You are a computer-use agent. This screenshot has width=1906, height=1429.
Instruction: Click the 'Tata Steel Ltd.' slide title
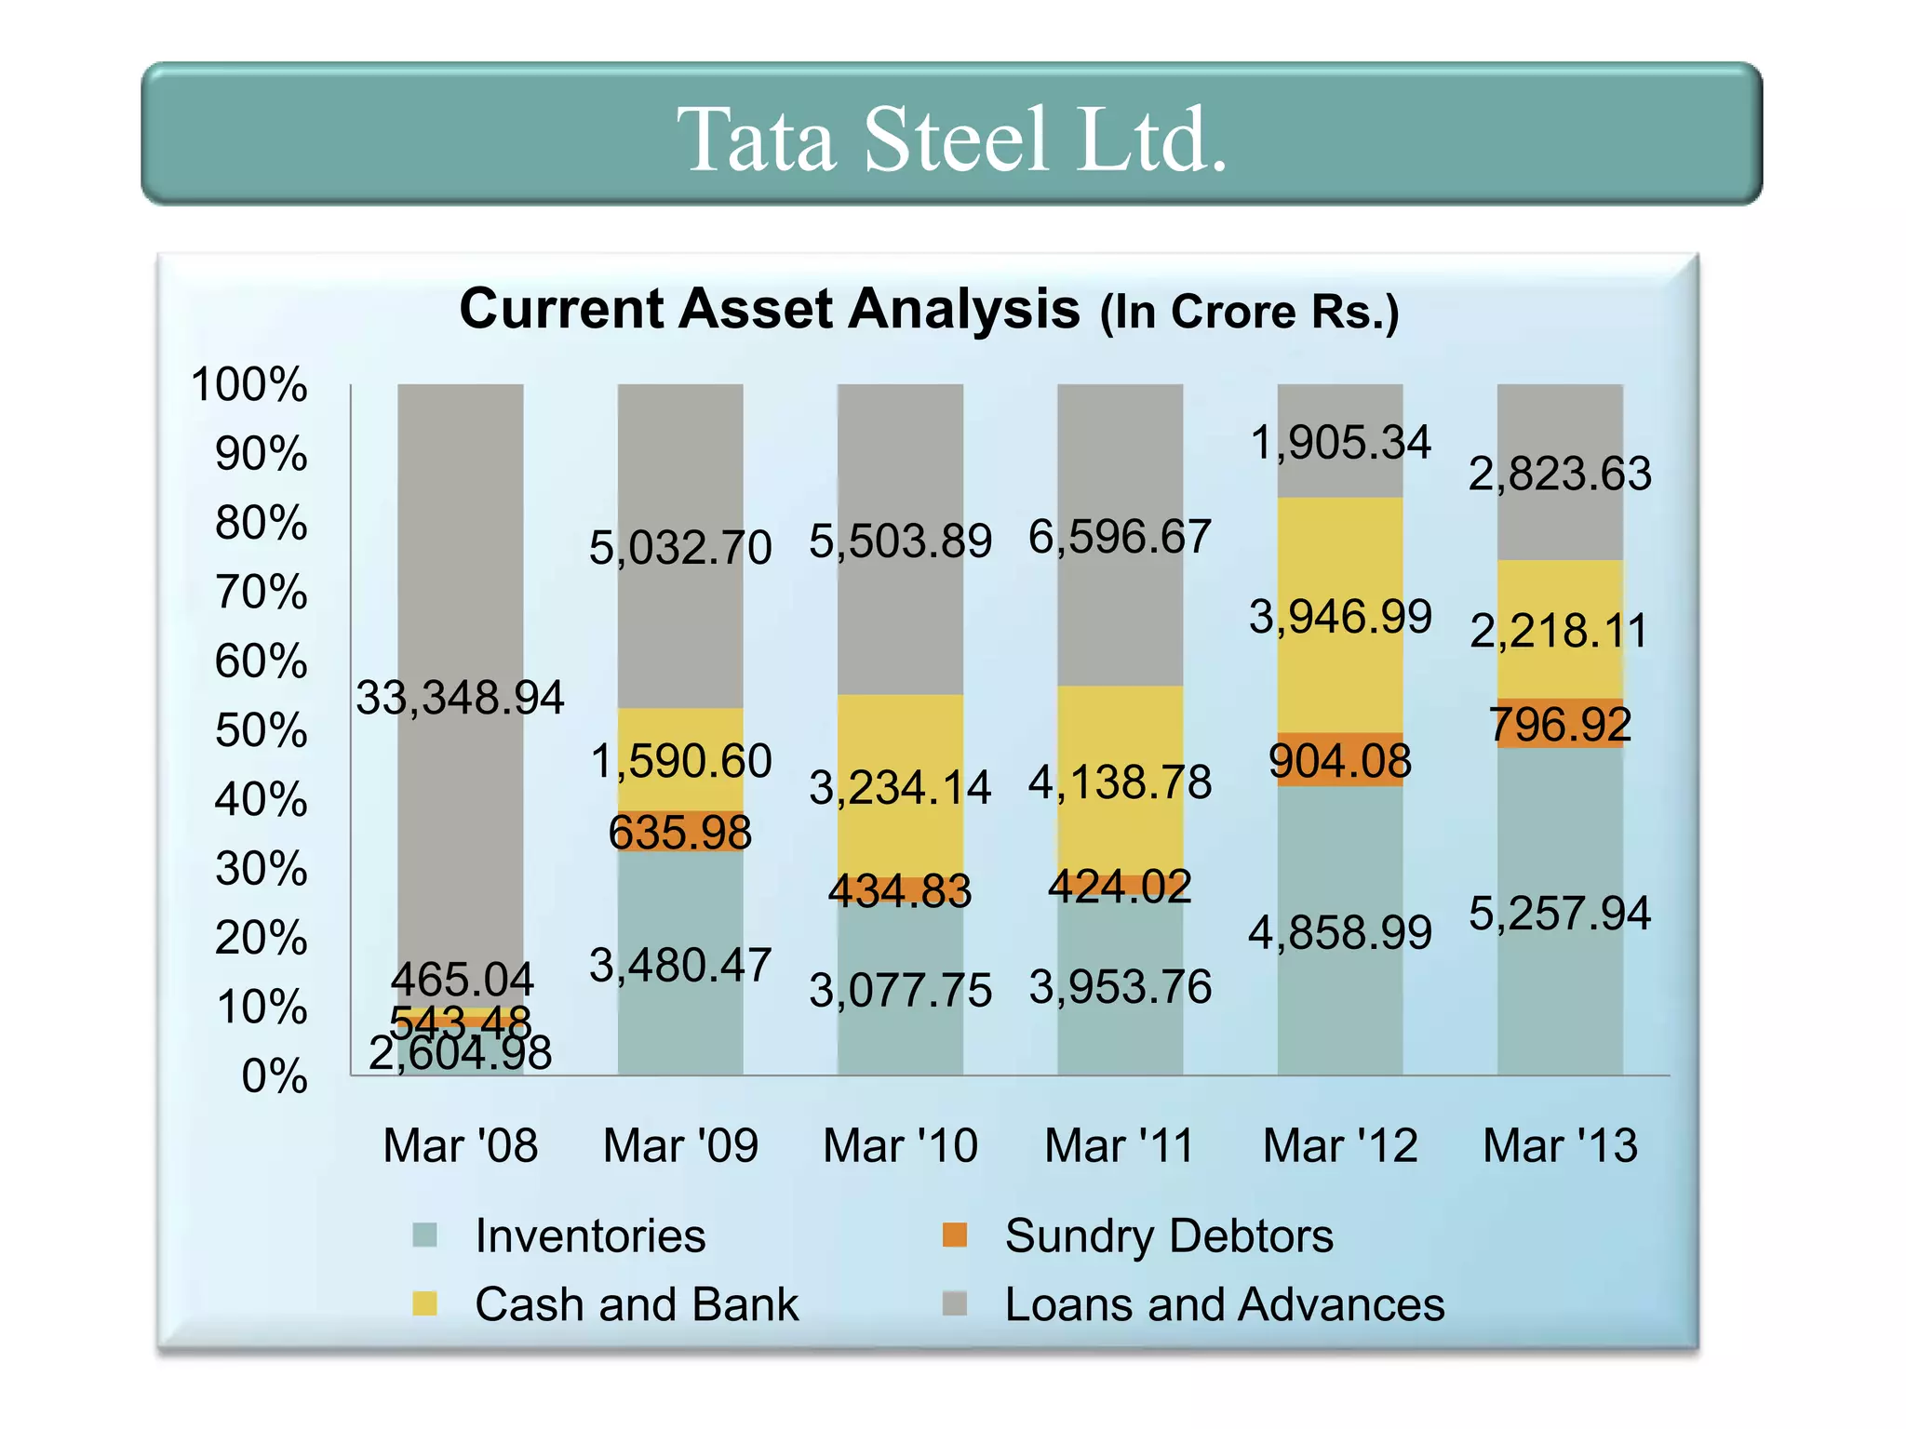951,140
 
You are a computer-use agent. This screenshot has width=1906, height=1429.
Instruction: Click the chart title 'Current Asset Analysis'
769,309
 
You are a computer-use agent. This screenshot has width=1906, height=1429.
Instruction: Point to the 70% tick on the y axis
261,593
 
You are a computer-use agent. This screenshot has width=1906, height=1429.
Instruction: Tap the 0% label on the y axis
274,1076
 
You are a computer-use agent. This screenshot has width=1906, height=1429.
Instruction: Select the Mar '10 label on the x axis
900,1145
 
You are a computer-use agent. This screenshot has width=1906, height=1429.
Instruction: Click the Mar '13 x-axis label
1560,1145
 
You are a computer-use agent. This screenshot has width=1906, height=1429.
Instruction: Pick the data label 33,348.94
460,698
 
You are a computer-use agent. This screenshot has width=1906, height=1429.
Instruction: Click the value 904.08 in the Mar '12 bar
1339,761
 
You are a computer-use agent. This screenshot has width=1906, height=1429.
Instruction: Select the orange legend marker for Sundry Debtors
955,1235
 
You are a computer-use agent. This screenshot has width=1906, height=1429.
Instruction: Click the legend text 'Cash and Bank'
637,1304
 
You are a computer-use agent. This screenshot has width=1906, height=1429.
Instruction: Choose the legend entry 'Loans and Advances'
1224,1304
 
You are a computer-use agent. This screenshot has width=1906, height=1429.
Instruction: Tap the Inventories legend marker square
424,1235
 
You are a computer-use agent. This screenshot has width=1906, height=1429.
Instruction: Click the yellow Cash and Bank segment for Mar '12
1339,558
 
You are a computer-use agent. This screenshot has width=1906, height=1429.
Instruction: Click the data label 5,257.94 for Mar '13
1560,914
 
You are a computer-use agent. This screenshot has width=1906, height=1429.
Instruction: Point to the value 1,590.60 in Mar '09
680,761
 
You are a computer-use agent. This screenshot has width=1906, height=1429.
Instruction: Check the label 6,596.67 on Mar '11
1120,538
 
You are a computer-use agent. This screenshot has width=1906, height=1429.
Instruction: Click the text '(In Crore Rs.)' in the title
1249,313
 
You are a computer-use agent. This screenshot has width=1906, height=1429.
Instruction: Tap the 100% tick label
248,384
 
